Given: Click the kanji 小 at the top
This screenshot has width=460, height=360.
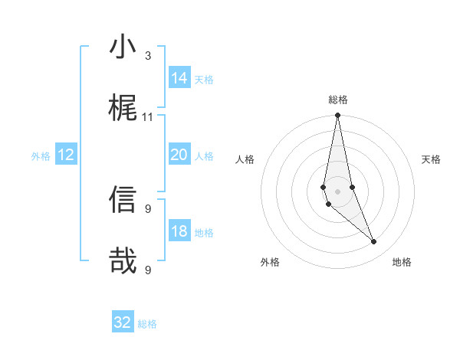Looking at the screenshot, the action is click(123, 47).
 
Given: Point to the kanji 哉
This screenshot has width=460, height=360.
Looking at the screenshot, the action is click(123, 260).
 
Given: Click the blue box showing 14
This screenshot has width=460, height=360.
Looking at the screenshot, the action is click(179, 78).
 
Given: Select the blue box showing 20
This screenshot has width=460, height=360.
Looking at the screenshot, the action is click(179, 155).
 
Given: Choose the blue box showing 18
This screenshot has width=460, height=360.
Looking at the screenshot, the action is click(179, 231).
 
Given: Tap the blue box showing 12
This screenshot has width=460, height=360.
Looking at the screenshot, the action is click(66, 155).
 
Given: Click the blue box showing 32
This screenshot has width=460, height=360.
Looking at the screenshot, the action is click(123, 322).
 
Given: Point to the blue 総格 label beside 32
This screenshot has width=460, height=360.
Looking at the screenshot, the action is click(147, 324).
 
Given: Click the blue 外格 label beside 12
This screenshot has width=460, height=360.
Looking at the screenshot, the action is click(41, 156).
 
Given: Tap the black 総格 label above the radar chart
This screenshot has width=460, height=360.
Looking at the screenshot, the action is click(338, 100).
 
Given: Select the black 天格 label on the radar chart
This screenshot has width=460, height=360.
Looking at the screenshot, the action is click(432, 159).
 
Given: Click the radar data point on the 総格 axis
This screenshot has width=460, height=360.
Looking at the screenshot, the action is click(337, 116).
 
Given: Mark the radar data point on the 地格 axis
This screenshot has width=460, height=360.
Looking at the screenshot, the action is click(373, 242).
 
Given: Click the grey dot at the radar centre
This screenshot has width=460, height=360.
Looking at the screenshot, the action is click(337, 191).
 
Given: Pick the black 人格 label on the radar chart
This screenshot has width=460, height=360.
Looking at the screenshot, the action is click(245, 159).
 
